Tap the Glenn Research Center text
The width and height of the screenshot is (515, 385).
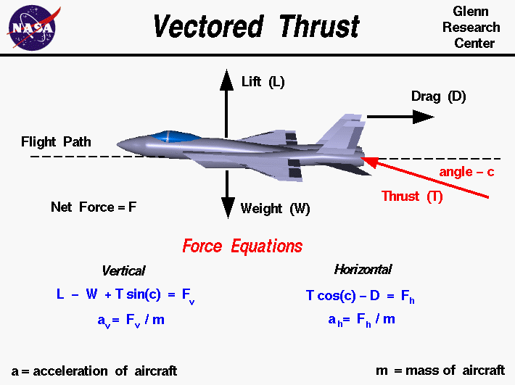(475, 28)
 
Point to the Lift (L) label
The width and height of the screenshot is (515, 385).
(263, 82)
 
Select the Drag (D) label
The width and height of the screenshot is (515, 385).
(438, 96)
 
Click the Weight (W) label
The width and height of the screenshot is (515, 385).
(275, 210)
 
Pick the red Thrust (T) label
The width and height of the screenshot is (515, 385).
(411, 196)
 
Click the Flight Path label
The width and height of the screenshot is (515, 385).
(56, 141)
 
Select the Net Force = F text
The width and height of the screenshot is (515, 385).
(94, 207)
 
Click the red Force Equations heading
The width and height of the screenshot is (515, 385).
(242, 246)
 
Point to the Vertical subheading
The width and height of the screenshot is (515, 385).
(123, 270)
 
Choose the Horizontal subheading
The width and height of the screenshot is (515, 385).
(363, 270)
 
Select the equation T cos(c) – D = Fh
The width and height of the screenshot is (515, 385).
(360, 296)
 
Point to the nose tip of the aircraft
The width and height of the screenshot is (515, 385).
(118, 146)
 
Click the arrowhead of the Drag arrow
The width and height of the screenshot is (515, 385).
(422, 117)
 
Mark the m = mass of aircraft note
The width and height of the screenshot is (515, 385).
(440, 370)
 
